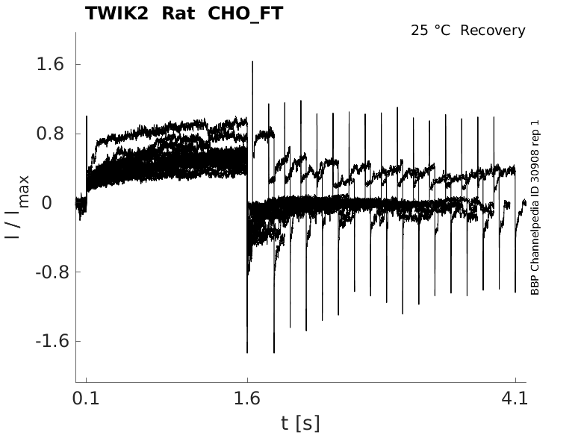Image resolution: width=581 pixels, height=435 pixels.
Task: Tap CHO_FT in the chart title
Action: tap(246, 13)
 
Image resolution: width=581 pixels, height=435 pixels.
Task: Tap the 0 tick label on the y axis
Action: tap(57, 203)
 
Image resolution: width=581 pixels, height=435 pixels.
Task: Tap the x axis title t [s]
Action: tap(300, 423)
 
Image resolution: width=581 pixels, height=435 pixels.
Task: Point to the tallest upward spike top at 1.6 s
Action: tap(252, 62)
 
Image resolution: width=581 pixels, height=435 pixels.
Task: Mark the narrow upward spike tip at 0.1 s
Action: tap(87, 116)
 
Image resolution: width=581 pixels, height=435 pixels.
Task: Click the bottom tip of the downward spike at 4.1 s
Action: tap(515, 292)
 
